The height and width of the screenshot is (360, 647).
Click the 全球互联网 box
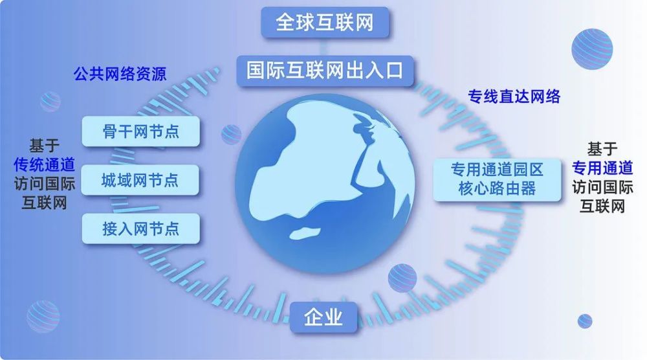(325, 22)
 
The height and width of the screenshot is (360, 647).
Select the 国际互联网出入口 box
(325, 70)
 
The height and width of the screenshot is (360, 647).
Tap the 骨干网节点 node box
(140, 131)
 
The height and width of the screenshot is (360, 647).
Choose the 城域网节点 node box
(140, 181)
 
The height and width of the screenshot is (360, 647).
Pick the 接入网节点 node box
(140, 229)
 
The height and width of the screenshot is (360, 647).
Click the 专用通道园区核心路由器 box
(497, 179)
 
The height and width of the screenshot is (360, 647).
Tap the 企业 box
(323, 317)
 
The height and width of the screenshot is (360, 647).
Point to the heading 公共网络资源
(120, 74)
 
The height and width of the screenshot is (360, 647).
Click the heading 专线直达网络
(514, 96)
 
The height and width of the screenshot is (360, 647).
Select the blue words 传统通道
(44, 164)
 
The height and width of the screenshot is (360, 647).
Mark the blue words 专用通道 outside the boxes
(602, 168)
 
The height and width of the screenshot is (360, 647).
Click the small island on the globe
(306, 233)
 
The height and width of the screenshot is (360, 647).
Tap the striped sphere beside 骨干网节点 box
(231, 135)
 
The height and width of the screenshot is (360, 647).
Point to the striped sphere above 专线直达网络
(592, 49)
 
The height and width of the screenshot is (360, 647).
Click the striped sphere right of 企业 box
(402, 278)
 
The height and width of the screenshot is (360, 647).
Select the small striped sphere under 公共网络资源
(50, 102)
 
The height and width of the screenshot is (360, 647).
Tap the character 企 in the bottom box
(313, 317)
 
